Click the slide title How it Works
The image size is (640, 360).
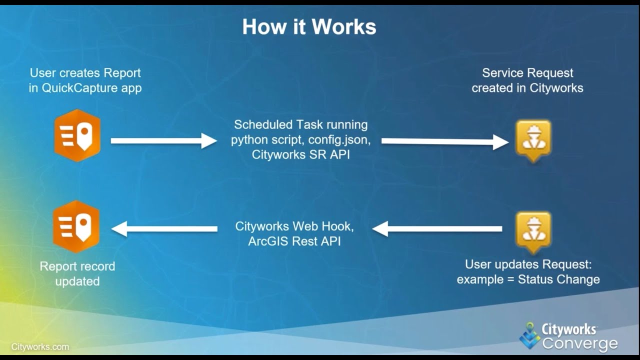(309, 26)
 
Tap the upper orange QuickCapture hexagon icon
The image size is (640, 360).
(77, 135)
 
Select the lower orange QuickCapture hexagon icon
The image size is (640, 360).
(76, 226)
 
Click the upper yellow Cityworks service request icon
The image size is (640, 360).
(533, 139)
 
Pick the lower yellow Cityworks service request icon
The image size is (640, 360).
(533, 230)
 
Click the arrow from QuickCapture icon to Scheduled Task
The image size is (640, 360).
(163, 141)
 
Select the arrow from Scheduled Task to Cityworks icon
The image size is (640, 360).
(444, 141)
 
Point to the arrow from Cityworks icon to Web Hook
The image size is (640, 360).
(437, 229)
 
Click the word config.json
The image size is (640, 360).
(339, 139)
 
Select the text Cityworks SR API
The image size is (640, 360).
(300, 154)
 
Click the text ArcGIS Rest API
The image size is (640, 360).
(294, 241)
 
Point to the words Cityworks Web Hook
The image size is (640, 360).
(294, 226)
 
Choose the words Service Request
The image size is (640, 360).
(527, 73)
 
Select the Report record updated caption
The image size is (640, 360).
(77, 273)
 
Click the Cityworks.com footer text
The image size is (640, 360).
(40, 346)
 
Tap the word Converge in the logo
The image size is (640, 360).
(580, 344)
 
